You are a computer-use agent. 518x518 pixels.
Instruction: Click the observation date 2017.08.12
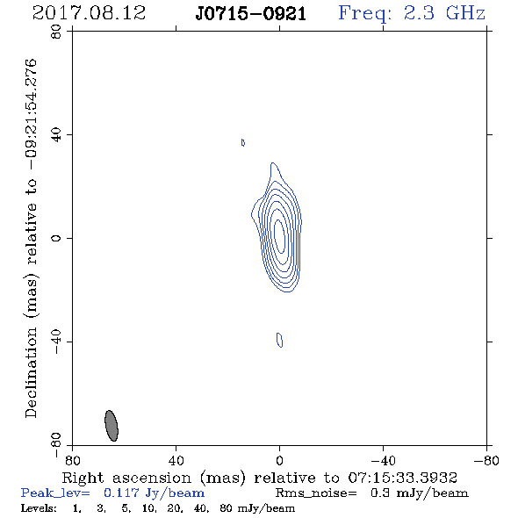89,13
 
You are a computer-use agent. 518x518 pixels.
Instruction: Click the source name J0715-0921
251,14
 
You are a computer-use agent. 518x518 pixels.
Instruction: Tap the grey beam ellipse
112,426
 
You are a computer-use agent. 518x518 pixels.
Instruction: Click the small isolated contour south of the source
279,340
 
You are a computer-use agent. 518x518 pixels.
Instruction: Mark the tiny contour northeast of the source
243,142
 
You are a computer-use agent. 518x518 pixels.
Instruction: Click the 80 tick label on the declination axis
56,32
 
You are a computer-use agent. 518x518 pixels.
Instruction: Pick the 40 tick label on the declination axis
56,135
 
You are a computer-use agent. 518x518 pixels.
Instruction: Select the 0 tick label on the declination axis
56,238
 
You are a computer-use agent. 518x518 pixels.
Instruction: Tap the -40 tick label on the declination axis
56,342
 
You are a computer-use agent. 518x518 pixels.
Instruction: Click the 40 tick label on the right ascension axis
176,460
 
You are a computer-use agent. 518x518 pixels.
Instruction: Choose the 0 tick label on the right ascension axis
279,460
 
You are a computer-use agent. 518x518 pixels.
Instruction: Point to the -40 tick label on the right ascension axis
383,460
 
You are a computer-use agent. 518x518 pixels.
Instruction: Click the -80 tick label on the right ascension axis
486,460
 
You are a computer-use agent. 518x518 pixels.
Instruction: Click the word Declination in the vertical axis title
31,372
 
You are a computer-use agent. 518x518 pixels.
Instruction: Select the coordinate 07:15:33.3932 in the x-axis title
402,478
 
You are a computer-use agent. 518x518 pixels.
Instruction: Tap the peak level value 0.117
121,493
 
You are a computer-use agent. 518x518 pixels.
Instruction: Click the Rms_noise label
316,493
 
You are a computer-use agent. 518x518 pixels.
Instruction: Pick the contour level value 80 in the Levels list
226,507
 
